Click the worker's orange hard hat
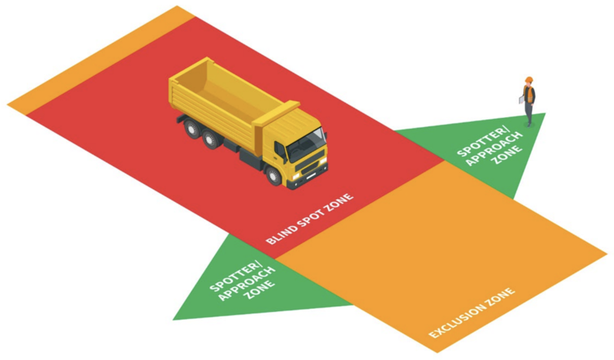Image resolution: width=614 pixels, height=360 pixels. pos(529,80)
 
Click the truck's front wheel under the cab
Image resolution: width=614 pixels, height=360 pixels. pos(274,175)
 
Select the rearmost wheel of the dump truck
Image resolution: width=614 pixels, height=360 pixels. pos(192,129)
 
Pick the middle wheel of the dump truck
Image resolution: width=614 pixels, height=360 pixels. pos(211,139)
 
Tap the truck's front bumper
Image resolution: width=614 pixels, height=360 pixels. pos(310,178)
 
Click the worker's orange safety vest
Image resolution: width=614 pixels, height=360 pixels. pos(529,95)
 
